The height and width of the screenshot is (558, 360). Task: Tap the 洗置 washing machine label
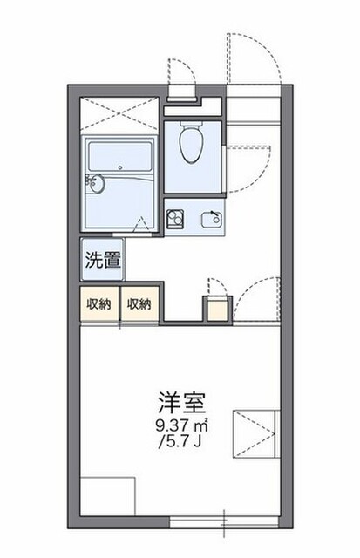click(103, 260)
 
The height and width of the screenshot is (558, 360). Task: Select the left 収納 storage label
click(99, 304)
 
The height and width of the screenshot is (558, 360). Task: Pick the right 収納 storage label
click(139, 304)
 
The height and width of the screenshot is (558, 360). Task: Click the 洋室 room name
click(182, 403)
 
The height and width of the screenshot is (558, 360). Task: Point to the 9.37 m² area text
click(182, 425)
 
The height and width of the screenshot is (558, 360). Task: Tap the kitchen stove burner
click(175, 219)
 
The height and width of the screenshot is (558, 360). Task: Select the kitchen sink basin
click(212, 219)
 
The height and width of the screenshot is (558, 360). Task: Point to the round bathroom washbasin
click(96, 184)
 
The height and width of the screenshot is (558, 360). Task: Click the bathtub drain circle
click(120, 167)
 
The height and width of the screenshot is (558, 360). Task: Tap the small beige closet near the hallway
click(217, 310)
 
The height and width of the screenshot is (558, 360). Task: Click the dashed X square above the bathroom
click(119, 113)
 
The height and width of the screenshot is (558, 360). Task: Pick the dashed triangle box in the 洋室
click(254, 433)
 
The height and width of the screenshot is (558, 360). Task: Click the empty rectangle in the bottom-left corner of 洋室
click(107, 497)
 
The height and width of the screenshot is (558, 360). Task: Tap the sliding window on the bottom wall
click(224, 522)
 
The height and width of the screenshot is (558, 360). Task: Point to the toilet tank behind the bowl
click(192, 124)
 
